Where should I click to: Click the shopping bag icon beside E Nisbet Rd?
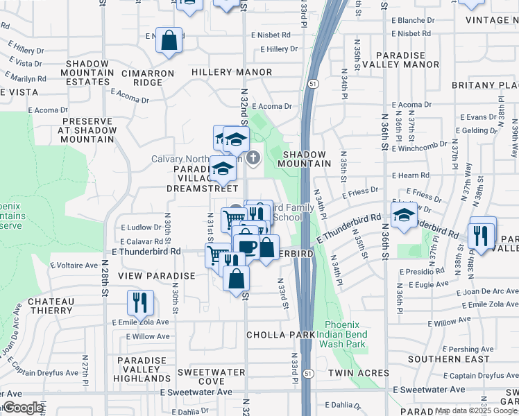[169, 40]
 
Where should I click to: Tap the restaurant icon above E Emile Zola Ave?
[140, 302]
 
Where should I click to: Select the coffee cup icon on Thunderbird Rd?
[246, 246]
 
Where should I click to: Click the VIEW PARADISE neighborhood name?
[156, 276]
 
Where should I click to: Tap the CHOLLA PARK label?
[276, 335]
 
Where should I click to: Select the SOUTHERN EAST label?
[443, 359]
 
